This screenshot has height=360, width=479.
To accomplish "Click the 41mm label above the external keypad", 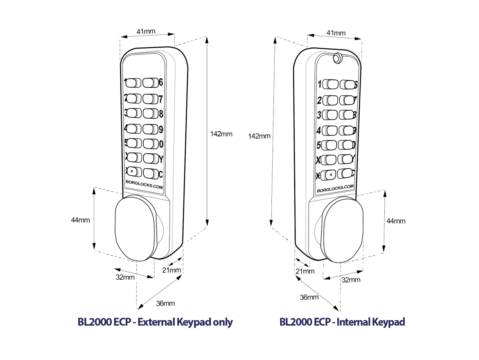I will point(147,31).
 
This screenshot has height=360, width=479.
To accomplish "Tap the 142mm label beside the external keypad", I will point(221,134).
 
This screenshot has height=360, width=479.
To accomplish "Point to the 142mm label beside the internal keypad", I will point(259,136).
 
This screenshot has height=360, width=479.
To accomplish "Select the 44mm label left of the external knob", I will point(80,220).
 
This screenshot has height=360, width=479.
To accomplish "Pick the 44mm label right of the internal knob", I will point(396,221).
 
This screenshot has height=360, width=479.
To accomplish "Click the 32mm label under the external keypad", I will point(125,277).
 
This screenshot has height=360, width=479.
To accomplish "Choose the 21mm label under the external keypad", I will point(172,270).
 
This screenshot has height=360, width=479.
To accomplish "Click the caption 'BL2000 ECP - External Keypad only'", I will point(155,322).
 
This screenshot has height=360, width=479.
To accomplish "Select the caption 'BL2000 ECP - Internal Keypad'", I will point(342,322).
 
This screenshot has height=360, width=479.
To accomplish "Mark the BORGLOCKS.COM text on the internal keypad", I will point(335,189).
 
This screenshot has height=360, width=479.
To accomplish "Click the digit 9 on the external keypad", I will point(161,129).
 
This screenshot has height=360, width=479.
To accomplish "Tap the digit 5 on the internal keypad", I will point(319,145).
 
